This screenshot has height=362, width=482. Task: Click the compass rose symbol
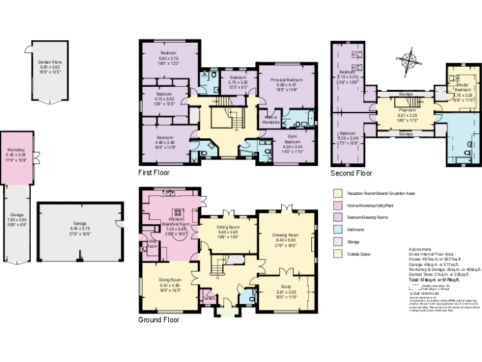[x=412, y=61]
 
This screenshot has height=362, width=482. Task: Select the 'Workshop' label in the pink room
[x=15, y=150]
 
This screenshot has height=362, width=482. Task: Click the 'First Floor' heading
[x=154, y=172]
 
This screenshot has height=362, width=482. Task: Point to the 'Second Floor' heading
[x=351, y=173]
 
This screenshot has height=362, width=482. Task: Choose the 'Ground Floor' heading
[x=159, y=319]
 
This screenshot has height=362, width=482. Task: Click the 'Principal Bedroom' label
[x=287, y=80]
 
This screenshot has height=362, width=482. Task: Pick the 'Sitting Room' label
[x=228, y=227]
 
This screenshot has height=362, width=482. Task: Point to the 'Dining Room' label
[x=169, y=279]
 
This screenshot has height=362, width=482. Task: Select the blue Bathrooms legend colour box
[x=337, y=229]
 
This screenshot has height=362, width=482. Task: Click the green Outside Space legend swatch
[x=337, y=253]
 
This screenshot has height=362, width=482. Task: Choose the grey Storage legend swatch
[x=337, y=241]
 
